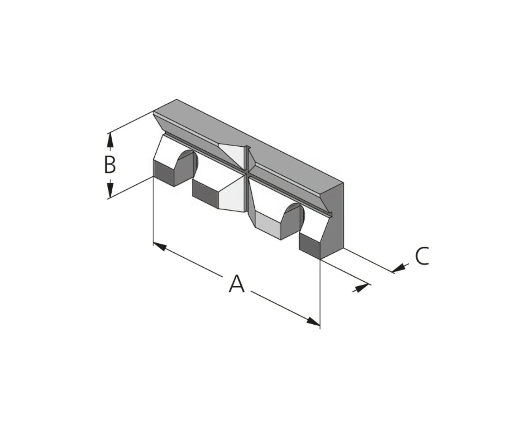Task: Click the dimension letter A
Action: click(x=237, y=284)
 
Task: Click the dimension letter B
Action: click(x=110, y=164)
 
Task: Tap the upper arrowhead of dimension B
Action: click(x=110, y=140)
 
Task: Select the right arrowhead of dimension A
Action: click(x=313, y=321)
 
